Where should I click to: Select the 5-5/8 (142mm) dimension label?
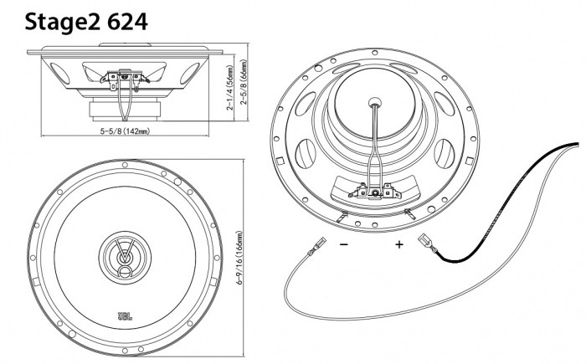(125, 131)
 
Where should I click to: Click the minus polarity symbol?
(344, 244)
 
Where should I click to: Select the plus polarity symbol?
(398, 244)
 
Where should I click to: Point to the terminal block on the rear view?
(371, 190)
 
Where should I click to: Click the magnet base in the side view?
(124, 108)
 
